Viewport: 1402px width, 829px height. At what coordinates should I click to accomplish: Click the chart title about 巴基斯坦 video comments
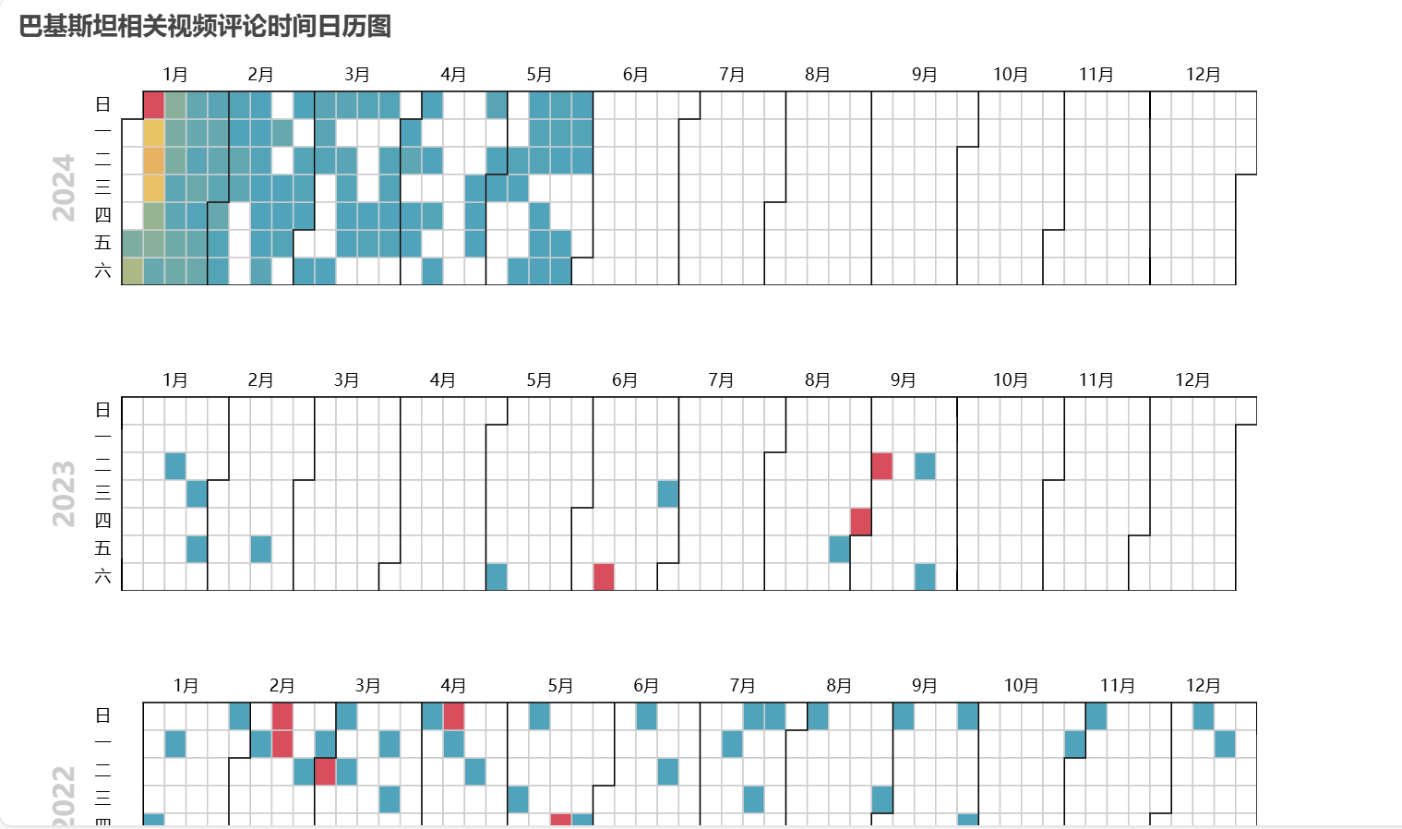205,26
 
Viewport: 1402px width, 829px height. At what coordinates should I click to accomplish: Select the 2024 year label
64,187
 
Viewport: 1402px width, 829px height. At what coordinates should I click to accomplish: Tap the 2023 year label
64,494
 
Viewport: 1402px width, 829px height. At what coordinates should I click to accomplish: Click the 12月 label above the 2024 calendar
1203,75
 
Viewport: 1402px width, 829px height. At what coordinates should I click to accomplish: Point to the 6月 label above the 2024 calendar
635,75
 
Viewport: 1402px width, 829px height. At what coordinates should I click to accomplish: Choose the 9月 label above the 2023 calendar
903,380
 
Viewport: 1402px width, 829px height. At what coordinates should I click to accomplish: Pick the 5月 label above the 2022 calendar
560,686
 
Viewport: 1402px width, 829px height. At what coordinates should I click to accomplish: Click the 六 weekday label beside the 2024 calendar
102,271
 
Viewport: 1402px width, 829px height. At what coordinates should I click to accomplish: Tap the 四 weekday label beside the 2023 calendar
102,521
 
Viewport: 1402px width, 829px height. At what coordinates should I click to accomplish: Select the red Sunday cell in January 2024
154,105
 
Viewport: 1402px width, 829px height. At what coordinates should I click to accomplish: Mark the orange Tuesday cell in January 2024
154,161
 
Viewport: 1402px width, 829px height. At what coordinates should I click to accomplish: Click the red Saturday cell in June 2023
604,577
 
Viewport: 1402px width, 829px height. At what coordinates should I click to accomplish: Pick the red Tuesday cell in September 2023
882,466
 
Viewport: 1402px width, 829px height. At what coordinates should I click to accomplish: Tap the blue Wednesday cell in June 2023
668,494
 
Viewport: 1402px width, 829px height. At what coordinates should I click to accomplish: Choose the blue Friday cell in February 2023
261,549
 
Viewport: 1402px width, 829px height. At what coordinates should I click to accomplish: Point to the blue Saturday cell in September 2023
925,577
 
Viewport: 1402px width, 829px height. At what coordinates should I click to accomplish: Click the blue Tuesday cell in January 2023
175,466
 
